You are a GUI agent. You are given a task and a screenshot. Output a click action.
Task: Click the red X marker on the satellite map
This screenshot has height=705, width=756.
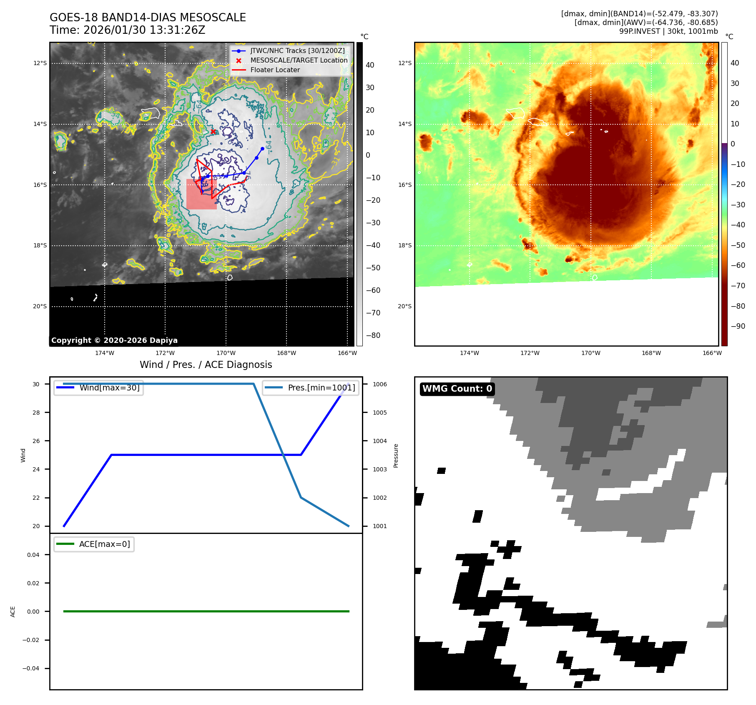pos(213,132)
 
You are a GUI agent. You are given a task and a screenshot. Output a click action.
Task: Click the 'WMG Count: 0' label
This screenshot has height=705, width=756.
pos(457,389)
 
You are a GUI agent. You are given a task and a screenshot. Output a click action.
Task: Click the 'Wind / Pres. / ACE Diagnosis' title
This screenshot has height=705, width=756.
pos(206,365)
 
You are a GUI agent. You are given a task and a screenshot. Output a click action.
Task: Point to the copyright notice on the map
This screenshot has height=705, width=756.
pos(114,340)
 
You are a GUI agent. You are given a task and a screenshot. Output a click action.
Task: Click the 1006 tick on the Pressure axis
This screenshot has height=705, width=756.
pos(379,384)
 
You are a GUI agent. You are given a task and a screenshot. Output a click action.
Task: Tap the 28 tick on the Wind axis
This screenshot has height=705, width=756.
pos(36,413)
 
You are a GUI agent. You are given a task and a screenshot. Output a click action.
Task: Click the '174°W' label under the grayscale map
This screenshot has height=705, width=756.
pos(104,353)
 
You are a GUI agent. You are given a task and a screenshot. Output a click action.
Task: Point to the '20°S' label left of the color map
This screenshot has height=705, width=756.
pos(404,307)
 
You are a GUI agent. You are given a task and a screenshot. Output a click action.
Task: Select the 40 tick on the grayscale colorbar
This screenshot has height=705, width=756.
pos(370,65)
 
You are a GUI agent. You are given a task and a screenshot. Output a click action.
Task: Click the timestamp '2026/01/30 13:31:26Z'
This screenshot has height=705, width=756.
pos(144,30)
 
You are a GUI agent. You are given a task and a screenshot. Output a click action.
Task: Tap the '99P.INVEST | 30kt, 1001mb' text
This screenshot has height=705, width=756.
pos(668,31)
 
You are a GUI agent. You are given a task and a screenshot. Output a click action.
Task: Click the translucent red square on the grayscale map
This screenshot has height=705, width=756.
pos(201,194)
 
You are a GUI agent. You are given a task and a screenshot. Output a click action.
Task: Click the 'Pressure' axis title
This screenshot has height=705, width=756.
pos(396,456)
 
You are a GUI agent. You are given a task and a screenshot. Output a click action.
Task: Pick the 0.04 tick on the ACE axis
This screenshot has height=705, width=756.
pos(33,555)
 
